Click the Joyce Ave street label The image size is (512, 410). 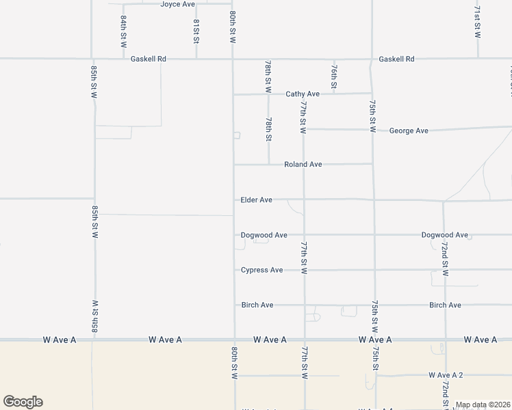pyautogui.click(x=178, y=4)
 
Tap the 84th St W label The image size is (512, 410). pyautogui.click(x=124, y=31)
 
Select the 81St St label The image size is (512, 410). pyautogui.click(x=196, y=31)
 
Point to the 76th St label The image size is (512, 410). pyautogui.click(x=333, y=77)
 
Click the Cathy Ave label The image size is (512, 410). pyautogui.click(x=303, y=94)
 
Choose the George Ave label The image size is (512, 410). pyautogui.click(x=409, y=131)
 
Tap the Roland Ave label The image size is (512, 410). pyautogui.click(x=303, y=165)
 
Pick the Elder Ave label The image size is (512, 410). pyautogui.click(x=257, y=200)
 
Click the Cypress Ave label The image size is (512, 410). pyautogui.click(x=261, y=270)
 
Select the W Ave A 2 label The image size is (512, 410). pyautogui.click(x=446, y=375)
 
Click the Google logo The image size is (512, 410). pyautogui.click(x=23, y=402)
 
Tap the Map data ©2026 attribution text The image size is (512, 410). pyautogui.click(x=483, y=405)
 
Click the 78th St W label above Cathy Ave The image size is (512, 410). pyautogui.click(x=268, y=76)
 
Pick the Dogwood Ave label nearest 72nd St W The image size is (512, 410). pyautogui.click(x=444, y=235)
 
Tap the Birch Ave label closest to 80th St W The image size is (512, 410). pyautogui.click(x=257, y=305)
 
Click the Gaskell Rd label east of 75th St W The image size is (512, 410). pyautogui.click(x=396, y=59)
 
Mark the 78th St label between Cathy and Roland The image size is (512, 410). pyautogui.click(x=269, y=129)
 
